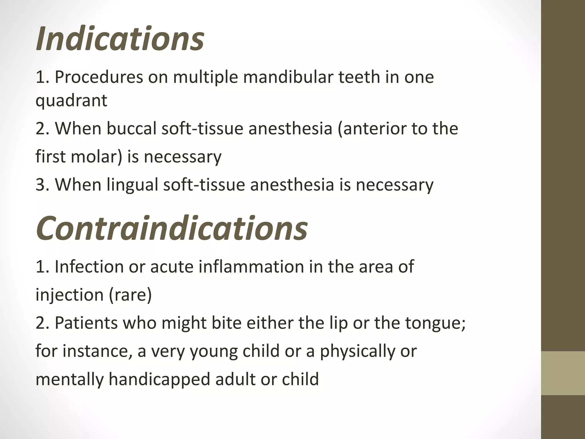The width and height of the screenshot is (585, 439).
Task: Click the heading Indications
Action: tap(120, 38)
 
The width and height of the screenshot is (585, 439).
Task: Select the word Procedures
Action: tap(99, 77)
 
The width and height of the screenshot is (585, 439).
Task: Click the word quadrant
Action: tap(71, 101)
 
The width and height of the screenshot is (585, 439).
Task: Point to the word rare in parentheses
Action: tap(130, 295)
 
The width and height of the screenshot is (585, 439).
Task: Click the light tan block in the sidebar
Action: tap(563, 373)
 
